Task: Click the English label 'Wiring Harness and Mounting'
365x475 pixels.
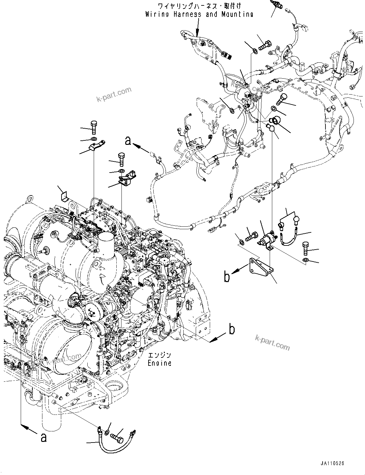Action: point(199,14)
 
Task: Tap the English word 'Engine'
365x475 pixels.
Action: point(159,363)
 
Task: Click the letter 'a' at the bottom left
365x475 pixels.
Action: point(43,438)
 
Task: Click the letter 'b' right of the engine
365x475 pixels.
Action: point(232,330)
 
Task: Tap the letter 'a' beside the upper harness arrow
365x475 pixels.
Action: point(128,140)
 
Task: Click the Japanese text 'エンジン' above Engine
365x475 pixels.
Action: point(159,355)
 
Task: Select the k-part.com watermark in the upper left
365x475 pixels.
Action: point(114,95)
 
